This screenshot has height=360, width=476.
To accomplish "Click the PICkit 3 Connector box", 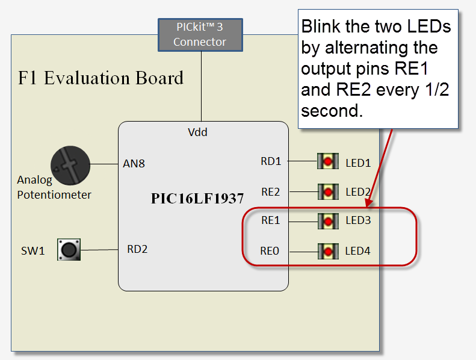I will coord(200,34).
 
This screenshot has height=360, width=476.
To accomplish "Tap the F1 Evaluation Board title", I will coord(101,78).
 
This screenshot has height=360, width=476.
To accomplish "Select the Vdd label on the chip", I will coord(198,132).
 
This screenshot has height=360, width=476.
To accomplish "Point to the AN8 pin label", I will coord(134,163).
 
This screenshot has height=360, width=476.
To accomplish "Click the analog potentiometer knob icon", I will coord(70,164).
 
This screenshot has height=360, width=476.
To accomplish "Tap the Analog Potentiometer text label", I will coord(54,187).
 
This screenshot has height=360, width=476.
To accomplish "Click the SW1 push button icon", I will coord(69,249).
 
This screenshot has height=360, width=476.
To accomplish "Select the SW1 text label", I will coord(32,250).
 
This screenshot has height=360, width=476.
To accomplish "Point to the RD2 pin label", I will coord(137,249).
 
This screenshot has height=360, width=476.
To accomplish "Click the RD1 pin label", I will coord(271,161).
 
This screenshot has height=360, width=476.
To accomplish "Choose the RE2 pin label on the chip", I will coord(271,192).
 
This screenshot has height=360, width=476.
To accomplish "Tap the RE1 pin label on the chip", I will coord(271,220).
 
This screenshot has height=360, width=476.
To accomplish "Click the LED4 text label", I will coord(358,250).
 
